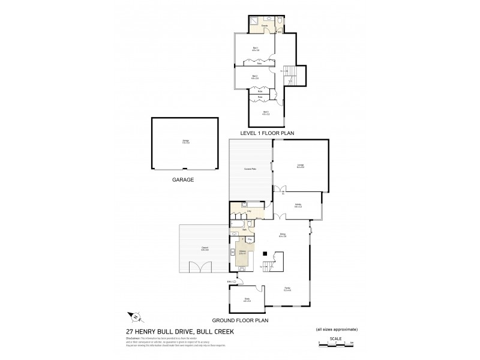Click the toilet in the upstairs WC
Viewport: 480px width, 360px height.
tap(281, 22)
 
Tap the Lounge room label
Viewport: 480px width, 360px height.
tap(300, 165)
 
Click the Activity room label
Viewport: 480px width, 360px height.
tap(298, 205)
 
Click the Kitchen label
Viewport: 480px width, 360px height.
tap(243, 253)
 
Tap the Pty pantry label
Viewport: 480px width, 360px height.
tap(250, 239)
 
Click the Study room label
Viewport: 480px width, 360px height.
tap(246, 300)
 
